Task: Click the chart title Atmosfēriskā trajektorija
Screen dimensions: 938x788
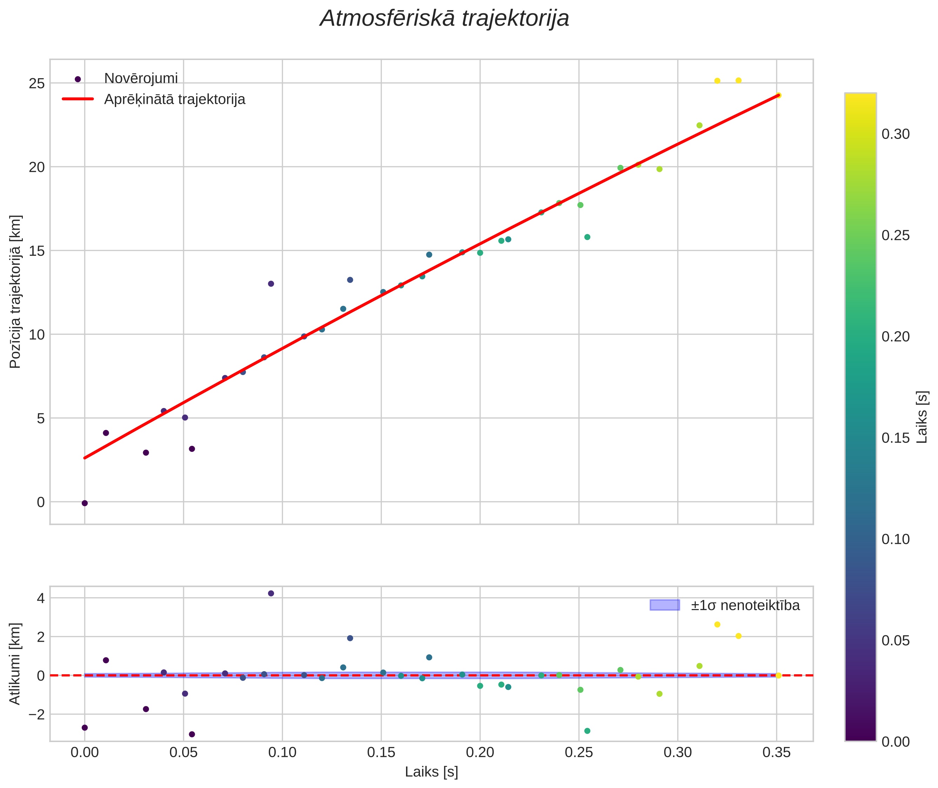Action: tap(444, 19)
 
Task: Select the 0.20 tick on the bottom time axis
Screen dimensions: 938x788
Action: tap(480, 753)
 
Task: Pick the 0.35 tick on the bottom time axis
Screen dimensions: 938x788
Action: tap(776, 753)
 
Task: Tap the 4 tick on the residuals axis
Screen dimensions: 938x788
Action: tap(41, 598)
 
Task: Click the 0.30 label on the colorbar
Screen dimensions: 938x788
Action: tap(896, 134)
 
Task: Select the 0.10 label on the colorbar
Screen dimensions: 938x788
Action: tap(896, 539)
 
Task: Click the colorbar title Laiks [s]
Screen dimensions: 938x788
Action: tap(922, 417)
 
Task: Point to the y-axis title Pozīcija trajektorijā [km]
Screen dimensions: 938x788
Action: tap(16, 291)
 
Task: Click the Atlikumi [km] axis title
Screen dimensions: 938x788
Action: tap(16, 664)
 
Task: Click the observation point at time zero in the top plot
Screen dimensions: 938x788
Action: tap(85, 503)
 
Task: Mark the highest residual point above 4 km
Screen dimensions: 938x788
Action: tap(271, 593)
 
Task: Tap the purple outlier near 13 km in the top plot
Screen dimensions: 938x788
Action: tap(271, 284)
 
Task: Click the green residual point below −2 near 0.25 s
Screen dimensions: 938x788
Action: tap(587, 731)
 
